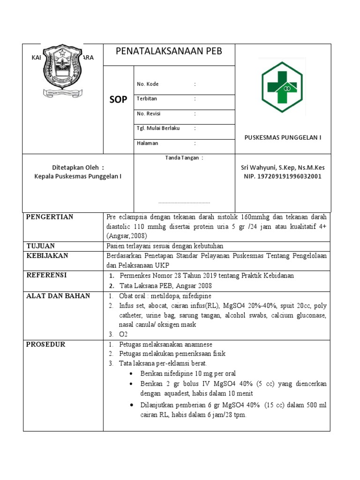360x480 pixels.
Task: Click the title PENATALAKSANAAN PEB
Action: [x=169, y=51]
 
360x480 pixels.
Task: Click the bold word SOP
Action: [x=118, y=100]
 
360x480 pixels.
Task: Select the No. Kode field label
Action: [x=148, y=84]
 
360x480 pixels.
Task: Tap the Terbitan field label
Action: [x=147, y=99]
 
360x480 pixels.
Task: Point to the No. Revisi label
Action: [x=149, y=114]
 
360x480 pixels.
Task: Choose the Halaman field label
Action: [x=147, y=143]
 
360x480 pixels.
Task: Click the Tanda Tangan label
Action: [x=184, y=158]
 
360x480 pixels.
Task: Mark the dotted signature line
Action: [x=184, y=202]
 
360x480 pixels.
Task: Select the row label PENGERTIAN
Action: [x=50, y=217]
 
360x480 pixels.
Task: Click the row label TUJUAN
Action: [x=40, y=246]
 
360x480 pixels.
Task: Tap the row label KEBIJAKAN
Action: [x=47, y=255]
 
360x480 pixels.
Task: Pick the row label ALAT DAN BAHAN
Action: [x=58, y=296]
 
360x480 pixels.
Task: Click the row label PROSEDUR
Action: [x=45, y=345]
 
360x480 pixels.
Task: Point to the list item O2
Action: [x=123, y=334]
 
